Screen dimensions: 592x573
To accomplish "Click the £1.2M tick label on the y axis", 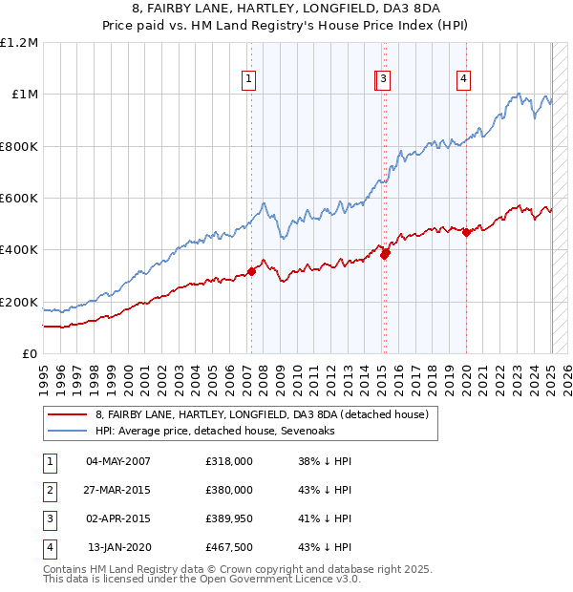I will (x=19, y=43).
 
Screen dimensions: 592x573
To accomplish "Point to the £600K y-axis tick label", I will (x=19, y=199).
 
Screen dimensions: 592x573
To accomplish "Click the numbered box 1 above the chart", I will (x=249, y=79).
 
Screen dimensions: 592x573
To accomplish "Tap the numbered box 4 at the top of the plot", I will (x=463, y=79).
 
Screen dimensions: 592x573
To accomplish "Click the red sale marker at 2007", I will (x=251, y=271).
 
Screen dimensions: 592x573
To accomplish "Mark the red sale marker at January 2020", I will (x=466, y=232).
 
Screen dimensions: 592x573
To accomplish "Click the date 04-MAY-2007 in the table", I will (x=118, y=461).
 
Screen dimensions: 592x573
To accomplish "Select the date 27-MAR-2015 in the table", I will (x=118, y=490).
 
